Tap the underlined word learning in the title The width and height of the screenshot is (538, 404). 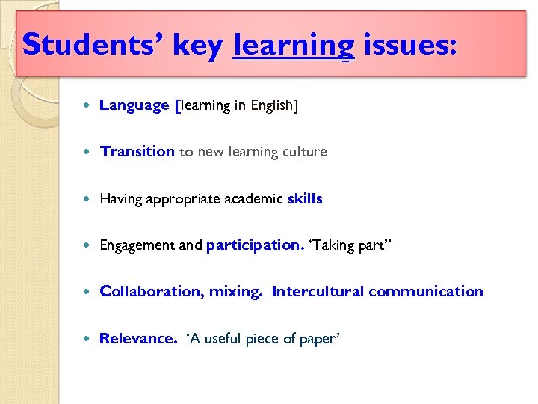coord(294,46)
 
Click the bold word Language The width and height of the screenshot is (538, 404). coord(134,105)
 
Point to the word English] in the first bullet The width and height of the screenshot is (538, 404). coord(274,105)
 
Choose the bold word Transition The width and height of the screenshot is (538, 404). coord(137,152)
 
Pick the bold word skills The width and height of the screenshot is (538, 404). coord(305,199)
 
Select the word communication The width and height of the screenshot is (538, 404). coord(426,292)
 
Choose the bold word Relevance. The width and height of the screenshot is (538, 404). coord(138,339)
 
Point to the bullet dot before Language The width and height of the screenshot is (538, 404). coord(89,105)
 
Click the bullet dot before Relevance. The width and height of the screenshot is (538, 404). coord(89,339)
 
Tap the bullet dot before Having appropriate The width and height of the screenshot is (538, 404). coord(89,199)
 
